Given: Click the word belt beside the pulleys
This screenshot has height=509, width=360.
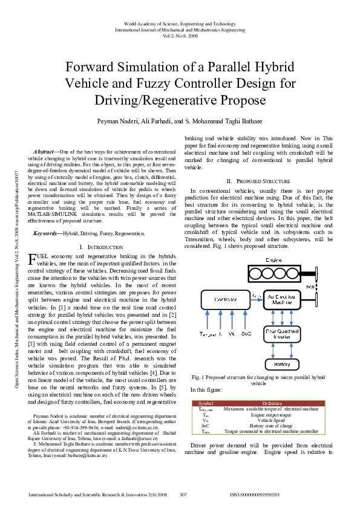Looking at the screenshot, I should point(327,285).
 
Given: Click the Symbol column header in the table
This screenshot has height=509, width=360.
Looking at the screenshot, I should point(206,403).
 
